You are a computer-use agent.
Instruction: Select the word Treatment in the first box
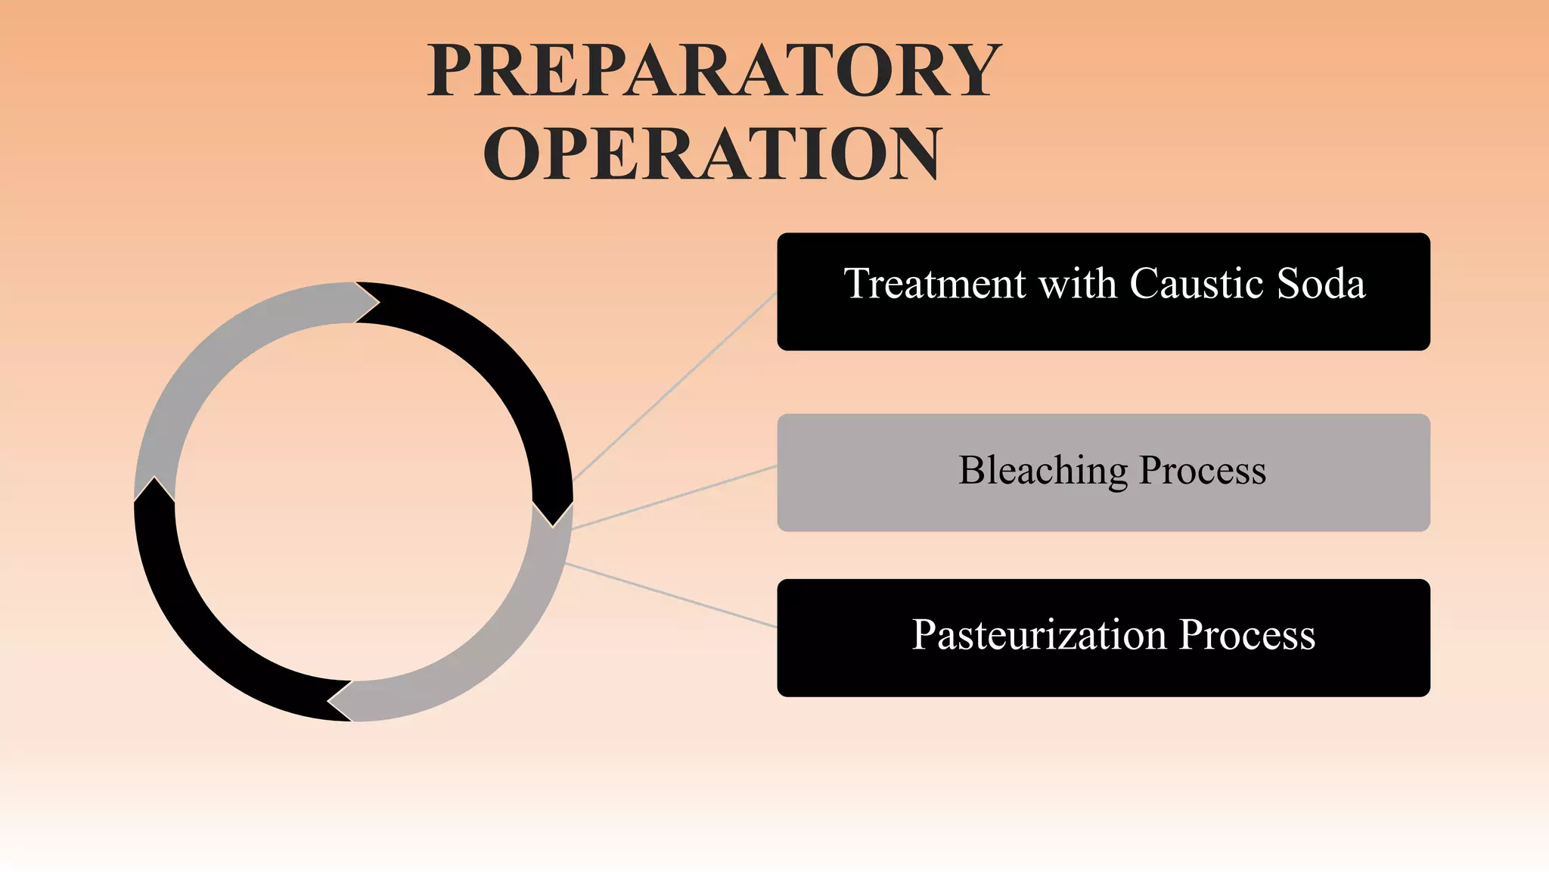935,284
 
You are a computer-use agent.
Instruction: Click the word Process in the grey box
1203,471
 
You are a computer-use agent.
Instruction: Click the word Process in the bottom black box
1247,634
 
